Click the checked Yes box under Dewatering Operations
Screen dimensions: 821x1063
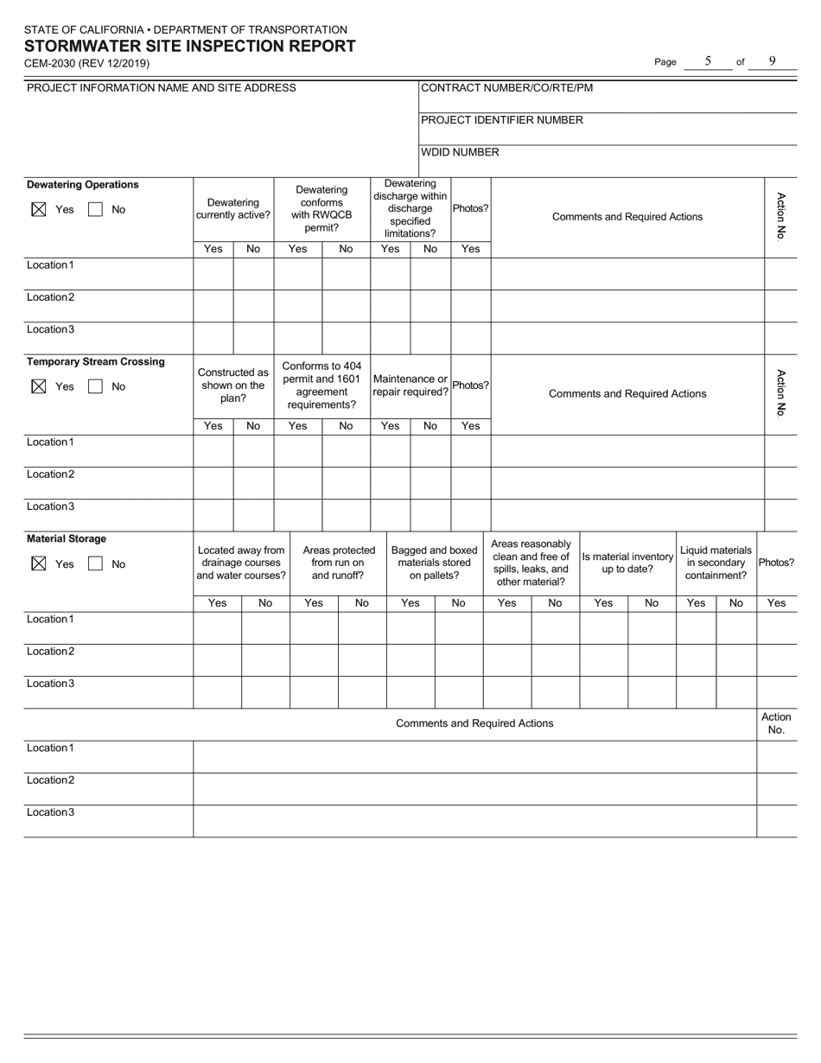(38, 209)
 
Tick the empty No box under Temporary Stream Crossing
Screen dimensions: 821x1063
(96, 386)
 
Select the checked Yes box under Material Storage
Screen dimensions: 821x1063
(38, 563)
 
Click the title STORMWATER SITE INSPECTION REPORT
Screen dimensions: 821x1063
(189, 47)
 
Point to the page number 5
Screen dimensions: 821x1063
(708, 61)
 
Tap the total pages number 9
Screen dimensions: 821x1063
(772, 61)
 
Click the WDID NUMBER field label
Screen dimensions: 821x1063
(460, 152)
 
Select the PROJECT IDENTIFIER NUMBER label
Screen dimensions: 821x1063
(501, 120)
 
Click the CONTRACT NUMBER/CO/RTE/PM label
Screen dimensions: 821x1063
(506, 87)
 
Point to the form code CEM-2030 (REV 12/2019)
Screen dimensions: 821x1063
(86, 63)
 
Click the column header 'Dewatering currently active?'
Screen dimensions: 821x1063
(233, 209)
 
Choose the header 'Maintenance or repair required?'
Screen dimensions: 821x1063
(410, 385)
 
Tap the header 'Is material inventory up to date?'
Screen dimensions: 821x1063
(627, 563)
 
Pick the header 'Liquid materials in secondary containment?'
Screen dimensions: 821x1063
(716, 563)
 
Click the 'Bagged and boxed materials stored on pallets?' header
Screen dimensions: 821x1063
(434, 563)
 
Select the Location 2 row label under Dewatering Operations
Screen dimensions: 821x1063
(50, 297)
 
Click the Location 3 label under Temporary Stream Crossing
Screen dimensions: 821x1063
(50, 506)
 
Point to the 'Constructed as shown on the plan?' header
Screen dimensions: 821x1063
(233, 385)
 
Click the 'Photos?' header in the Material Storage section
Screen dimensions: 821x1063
(776, 563)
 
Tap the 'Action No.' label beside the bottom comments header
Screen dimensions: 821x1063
(776, 723)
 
